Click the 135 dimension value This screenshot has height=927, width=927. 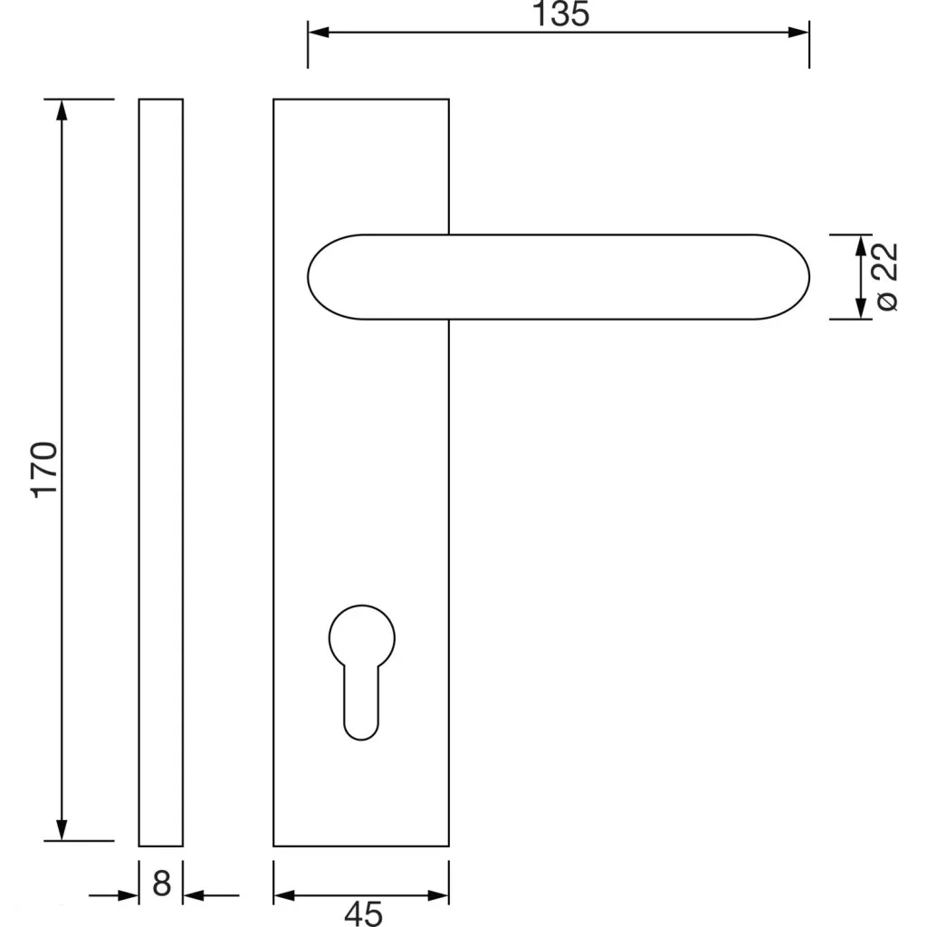[x=561, y=14]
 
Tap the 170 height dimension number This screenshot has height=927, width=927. [x=44, y=470]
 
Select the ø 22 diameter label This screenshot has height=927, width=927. [x=887, y=277]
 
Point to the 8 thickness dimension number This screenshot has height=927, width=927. [x=161, y=884]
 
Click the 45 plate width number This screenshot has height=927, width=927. [x=364, y=913]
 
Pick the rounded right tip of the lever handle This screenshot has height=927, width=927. [x=808, y=277]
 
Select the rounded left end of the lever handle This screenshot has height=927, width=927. [x=309, y=277]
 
